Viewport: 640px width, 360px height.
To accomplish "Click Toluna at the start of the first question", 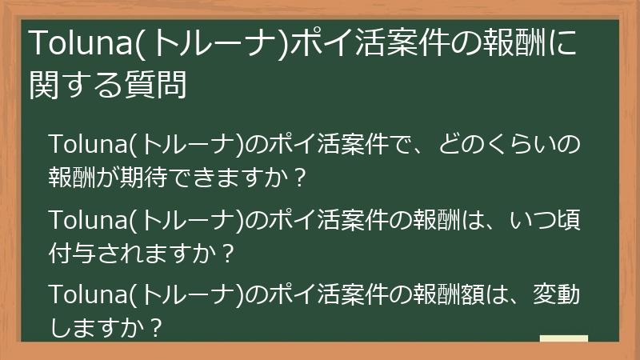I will (88, 145).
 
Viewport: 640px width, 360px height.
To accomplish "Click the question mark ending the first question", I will (299, 178).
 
